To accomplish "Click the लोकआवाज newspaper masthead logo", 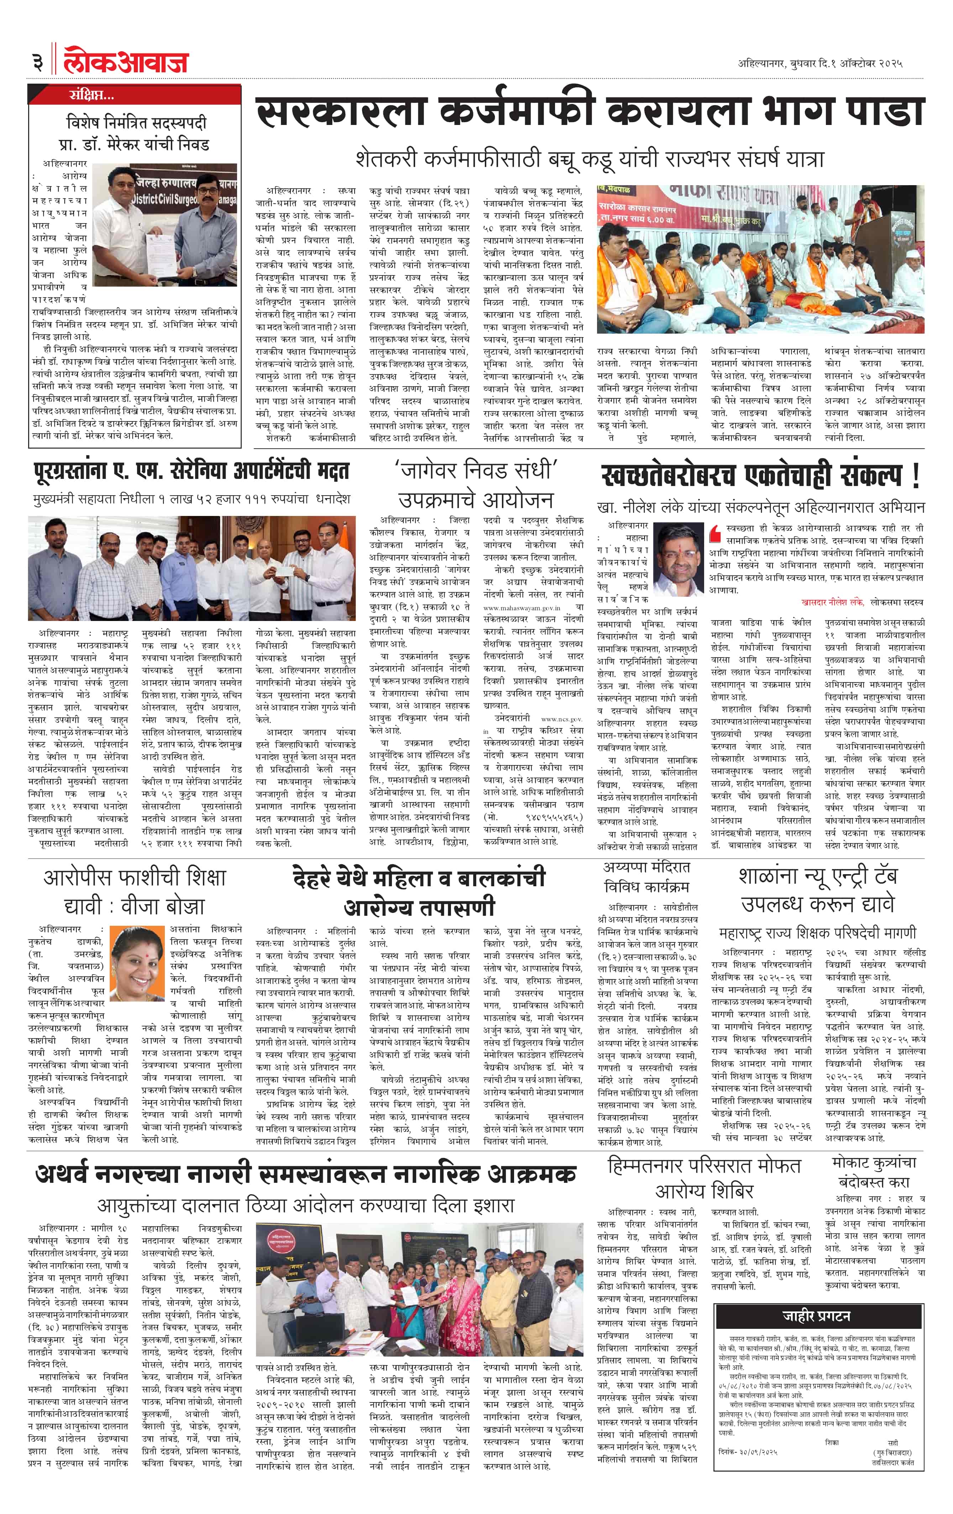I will pos(126,62).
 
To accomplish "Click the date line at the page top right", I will pos(820,63).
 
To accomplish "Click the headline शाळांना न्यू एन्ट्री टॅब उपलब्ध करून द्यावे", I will pos(817,890).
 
